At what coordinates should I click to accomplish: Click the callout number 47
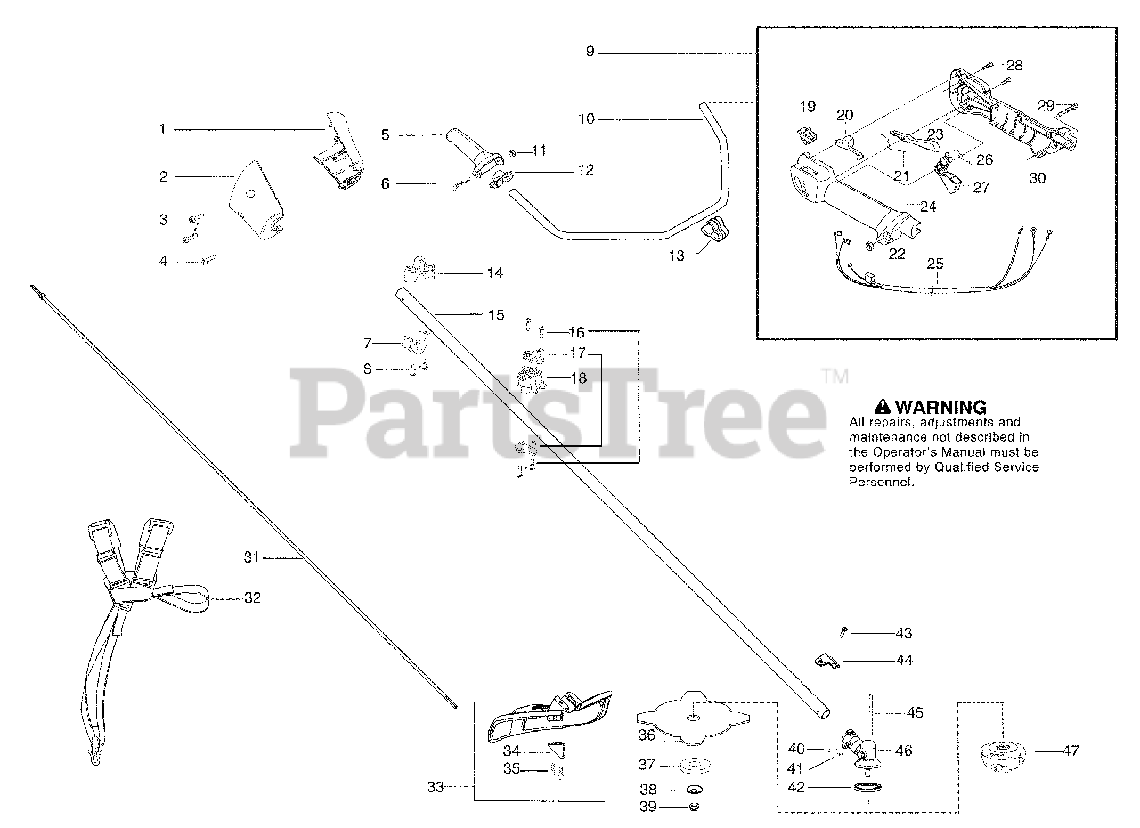point(1071,751)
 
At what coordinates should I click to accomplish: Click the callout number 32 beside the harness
point(252,597)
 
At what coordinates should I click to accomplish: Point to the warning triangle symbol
point(883,407)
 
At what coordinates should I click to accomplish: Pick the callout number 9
point(590,52)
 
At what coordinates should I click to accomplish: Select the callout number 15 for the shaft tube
point(496,314)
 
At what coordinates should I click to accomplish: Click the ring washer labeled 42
point(865,789)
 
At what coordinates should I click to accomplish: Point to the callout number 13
point(678,256)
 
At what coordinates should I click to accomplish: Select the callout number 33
point(435,787)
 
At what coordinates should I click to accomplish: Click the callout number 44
point(904,661)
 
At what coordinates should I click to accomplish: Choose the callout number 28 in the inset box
point(1015,66)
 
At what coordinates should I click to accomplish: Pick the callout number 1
point(163,129)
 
